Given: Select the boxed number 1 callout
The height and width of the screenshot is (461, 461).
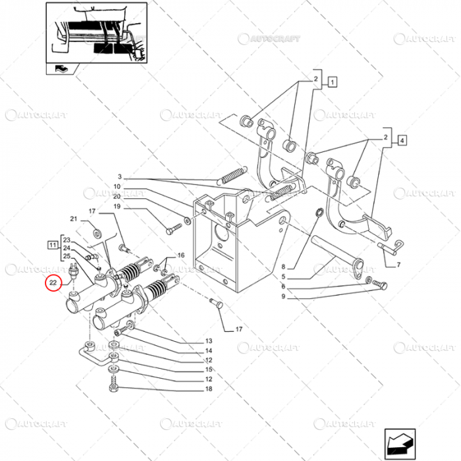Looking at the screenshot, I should [x=333, y=82].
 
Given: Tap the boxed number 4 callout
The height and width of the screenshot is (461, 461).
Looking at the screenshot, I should [x=402, y=139].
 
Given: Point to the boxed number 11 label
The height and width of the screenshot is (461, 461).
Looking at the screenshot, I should [x=51, y=245].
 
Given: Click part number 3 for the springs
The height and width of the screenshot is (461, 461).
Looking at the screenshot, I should [x=120, y=177].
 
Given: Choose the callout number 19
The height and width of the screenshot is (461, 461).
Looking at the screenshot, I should [x=117, y=207].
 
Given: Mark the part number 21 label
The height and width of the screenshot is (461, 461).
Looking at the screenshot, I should [x=74, y=219].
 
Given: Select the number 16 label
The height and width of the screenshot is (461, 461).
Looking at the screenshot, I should [x=180, y=256].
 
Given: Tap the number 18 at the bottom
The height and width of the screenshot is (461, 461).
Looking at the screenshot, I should [x=209, y=389].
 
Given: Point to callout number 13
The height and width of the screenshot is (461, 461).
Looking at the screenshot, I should [x=209, y=341].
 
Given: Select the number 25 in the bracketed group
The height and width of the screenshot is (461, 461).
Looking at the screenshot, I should [x=67, y=256].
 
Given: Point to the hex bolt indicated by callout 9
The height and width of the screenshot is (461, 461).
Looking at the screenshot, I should [x=380, y=285].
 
